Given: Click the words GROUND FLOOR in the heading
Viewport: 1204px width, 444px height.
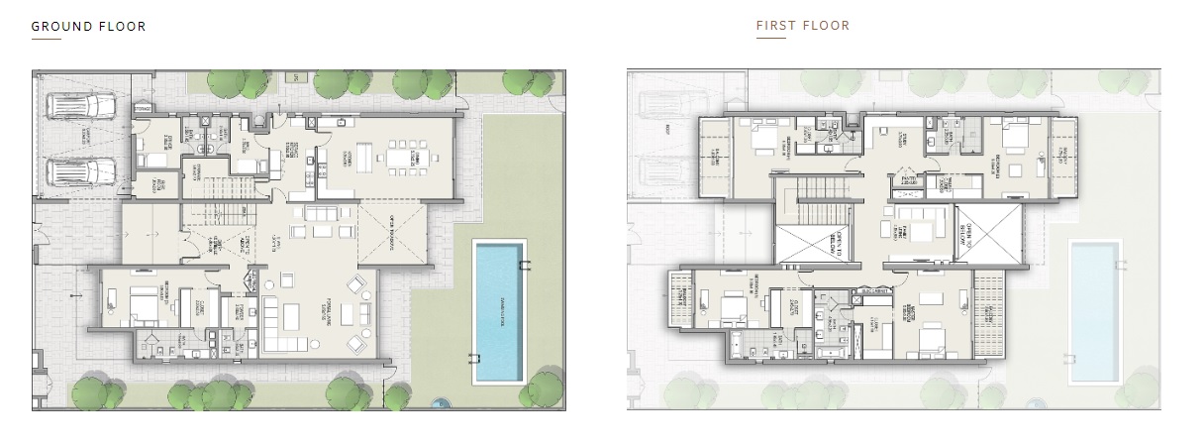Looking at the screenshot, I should coord(88,27).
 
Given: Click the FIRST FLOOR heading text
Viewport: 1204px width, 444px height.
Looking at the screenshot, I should coord(802,26).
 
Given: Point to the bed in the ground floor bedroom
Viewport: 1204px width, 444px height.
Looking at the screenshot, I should coord(138,302).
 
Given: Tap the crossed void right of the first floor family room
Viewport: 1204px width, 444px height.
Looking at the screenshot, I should coord(987,234).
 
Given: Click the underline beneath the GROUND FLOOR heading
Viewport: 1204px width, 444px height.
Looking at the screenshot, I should coord(46,40).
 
